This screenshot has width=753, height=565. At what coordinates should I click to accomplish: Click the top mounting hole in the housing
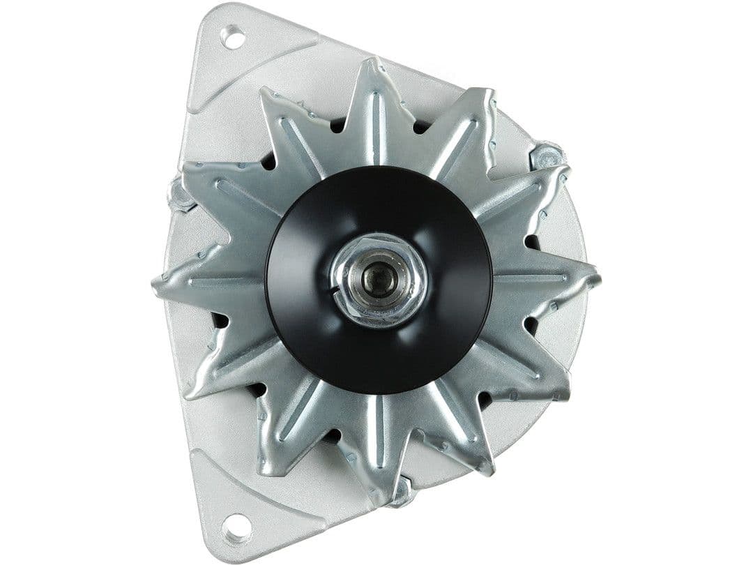click(233, 36)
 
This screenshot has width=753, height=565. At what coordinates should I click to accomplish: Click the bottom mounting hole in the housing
click(237, 528)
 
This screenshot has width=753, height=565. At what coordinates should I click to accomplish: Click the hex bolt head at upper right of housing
click(547, 155)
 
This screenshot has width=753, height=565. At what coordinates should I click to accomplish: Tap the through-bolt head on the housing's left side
click(180, 196)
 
